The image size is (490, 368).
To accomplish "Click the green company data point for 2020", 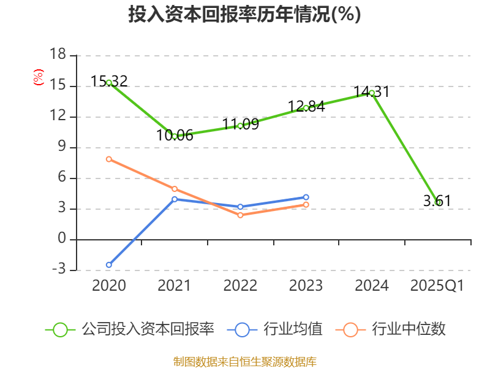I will [109, 82].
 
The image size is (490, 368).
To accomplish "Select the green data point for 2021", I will [175, 136].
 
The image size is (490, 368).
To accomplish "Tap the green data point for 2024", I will [372, 93].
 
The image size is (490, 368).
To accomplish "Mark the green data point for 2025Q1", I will [437, 202].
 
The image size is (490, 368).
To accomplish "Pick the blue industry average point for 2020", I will [109, 265].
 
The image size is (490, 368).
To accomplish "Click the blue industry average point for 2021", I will [175, 199].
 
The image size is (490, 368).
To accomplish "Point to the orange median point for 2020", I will [109, 159].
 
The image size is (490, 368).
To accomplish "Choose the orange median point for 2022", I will [240, 215].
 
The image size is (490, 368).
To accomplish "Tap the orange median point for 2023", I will [306, 204].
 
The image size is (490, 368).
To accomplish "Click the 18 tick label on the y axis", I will [58, 55].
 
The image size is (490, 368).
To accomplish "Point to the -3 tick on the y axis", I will [58, 270].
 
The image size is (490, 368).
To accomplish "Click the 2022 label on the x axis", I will [240, 286].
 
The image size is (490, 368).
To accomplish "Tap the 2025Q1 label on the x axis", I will [437, 286].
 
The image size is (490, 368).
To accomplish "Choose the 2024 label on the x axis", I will [372, 286].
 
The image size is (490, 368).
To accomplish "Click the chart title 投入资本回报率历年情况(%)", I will [245, 15].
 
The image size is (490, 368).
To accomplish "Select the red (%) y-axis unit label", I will [39, 77].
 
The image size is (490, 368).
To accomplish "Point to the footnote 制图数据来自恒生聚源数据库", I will [245, 361].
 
